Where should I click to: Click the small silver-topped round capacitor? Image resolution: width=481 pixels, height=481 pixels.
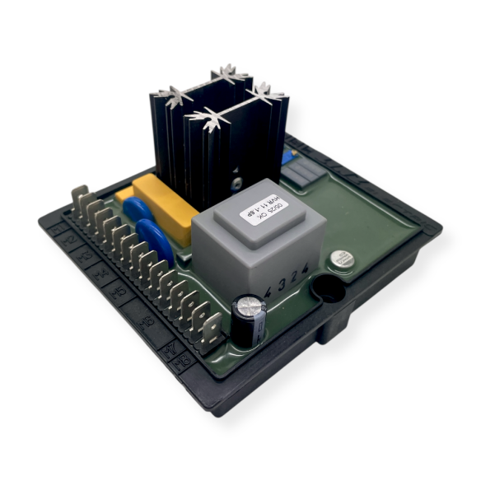[339, 259]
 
